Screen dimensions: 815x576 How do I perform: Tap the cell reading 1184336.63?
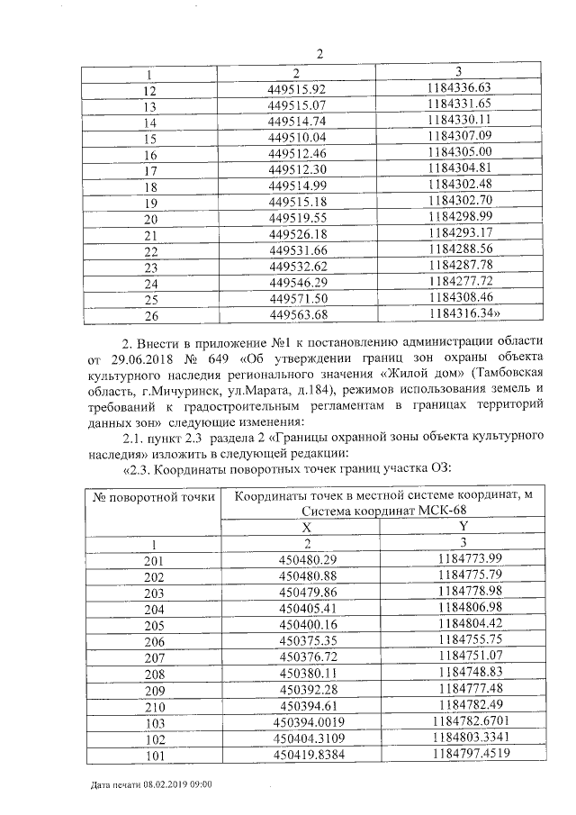460,88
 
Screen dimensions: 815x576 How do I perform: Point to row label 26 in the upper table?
150,316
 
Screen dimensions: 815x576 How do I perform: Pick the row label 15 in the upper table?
150,138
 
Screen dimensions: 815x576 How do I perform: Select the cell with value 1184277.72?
460,282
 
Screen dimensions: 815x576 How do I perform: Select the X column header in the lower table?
306,527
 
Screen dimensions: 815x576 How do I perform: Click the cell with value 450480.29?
306,559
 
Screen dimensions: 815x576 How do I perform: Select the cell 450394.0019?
308,721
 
